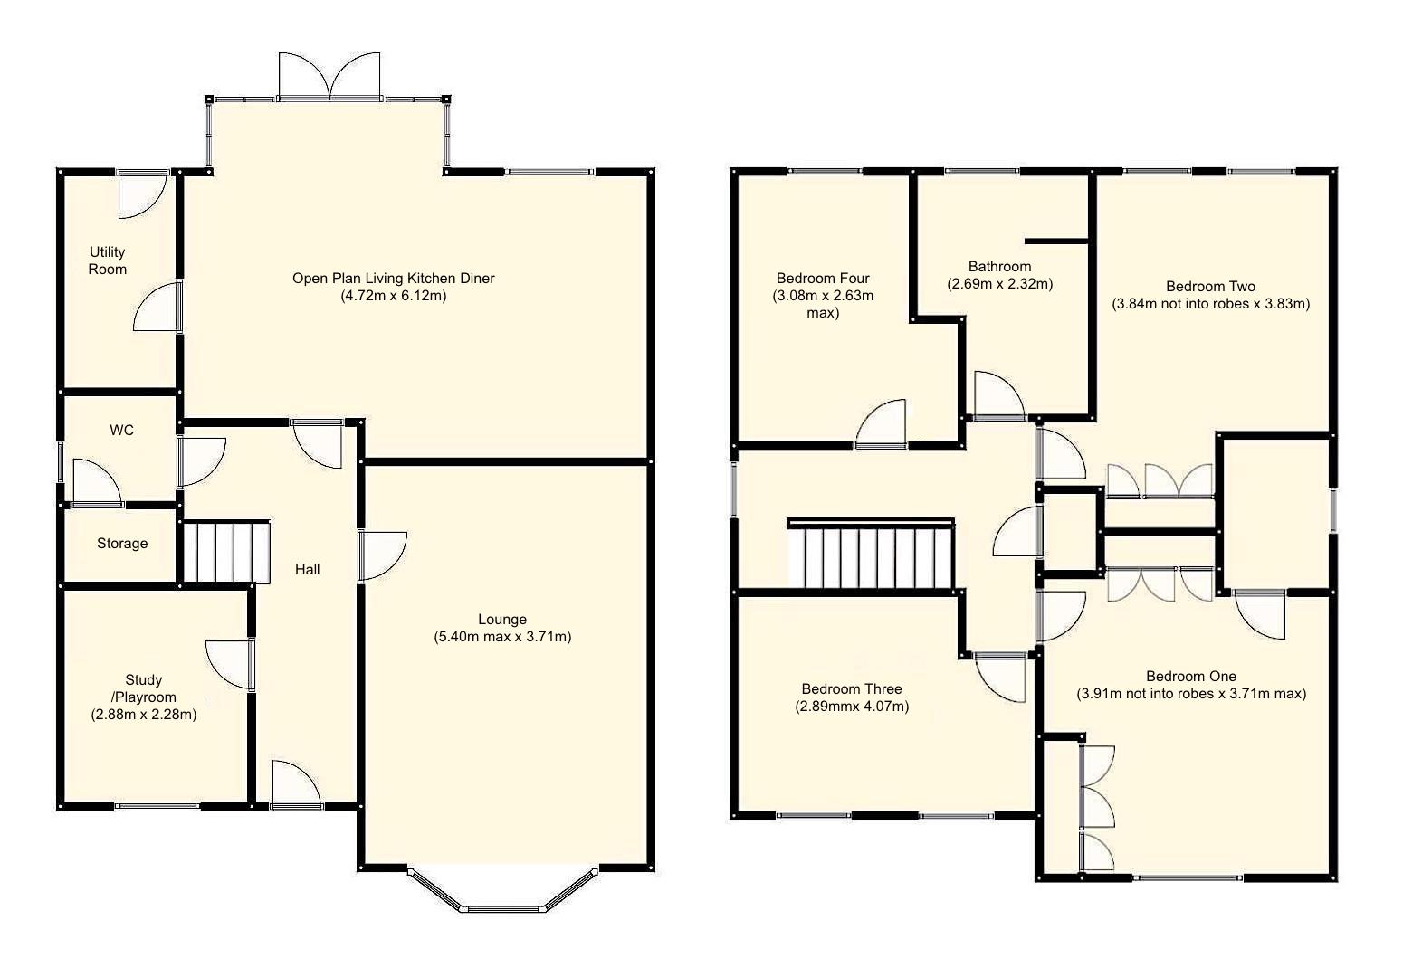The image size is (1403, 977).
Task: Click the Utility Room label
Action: coord(107,261)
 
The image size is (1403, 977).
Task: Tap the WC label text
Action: coord(121,431)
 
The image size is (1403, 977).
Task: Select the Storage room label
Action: coord(122,544)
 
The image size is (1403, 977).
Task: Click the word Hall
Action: coord(307,570)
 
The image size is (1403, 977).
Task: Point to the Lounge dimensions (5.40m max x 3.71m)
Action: coord(502,637)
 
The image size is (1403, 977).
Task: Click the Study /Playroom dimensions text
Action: coord(144,715)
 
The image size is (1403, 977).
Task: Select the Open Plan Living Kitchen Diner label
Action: coord(393,279)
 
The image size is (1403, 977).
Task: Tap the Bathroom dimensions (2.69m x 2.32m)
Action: coord(1000,284)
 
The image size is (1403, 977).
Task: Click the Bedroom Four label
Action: coord(823,279)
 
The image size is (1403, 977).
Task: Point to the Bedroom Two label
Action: coord(1210,287)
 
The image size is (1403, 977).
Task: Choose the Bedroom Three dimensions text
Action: coord(852,707)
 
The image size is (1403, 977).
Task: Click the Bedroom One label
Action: coord(1190,677)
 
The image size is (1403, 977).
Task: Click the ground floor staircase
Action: coord(226,552)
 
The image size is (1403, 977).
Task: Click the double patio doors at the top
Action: coord(329,78)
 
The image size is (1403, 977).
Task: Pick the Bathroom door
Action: coord(998,395)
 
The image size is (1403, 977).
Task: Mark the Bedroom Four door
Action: coord(882,424)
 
